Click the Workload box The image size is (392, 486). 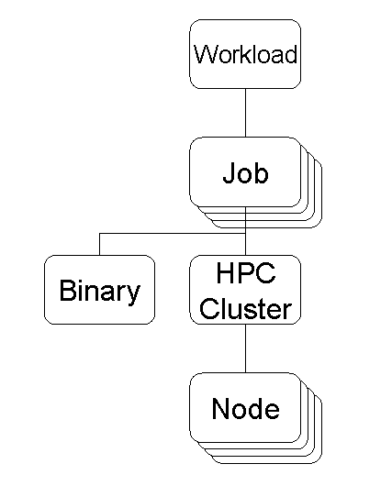point(245,54)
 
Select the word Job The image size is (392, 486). point(245,172)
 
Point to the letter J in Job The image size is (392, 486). point(230,172)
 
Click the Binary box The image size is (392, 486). point(100,290)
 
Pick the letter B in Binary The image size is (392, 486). point(67,290)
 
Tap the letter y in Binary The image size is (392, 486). point(133,293)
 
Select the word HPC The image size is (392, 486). point(246,272)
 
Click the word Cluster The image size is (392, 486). point(245,308)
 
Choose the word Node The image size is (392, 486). point(245,408)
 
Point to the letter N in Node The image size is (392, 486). point(220,408)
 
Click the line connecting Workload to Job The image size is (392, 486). point(245,113)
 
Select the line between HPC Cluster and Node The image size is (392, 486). point(245,348)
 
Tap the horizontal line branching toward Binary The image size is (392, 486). point(173,234)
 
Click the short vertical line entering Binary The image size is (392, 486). point(100,244)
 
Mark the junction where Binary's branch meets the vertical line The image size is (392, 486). point(245,234)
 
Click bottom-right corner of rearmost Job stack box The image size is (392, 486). point(321,227)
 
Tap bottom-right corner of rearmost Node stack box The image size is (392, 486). point(321,463)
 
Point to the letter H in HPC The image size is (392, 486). point(224,272)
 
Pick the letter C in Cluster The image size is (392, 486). point(208,308)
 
